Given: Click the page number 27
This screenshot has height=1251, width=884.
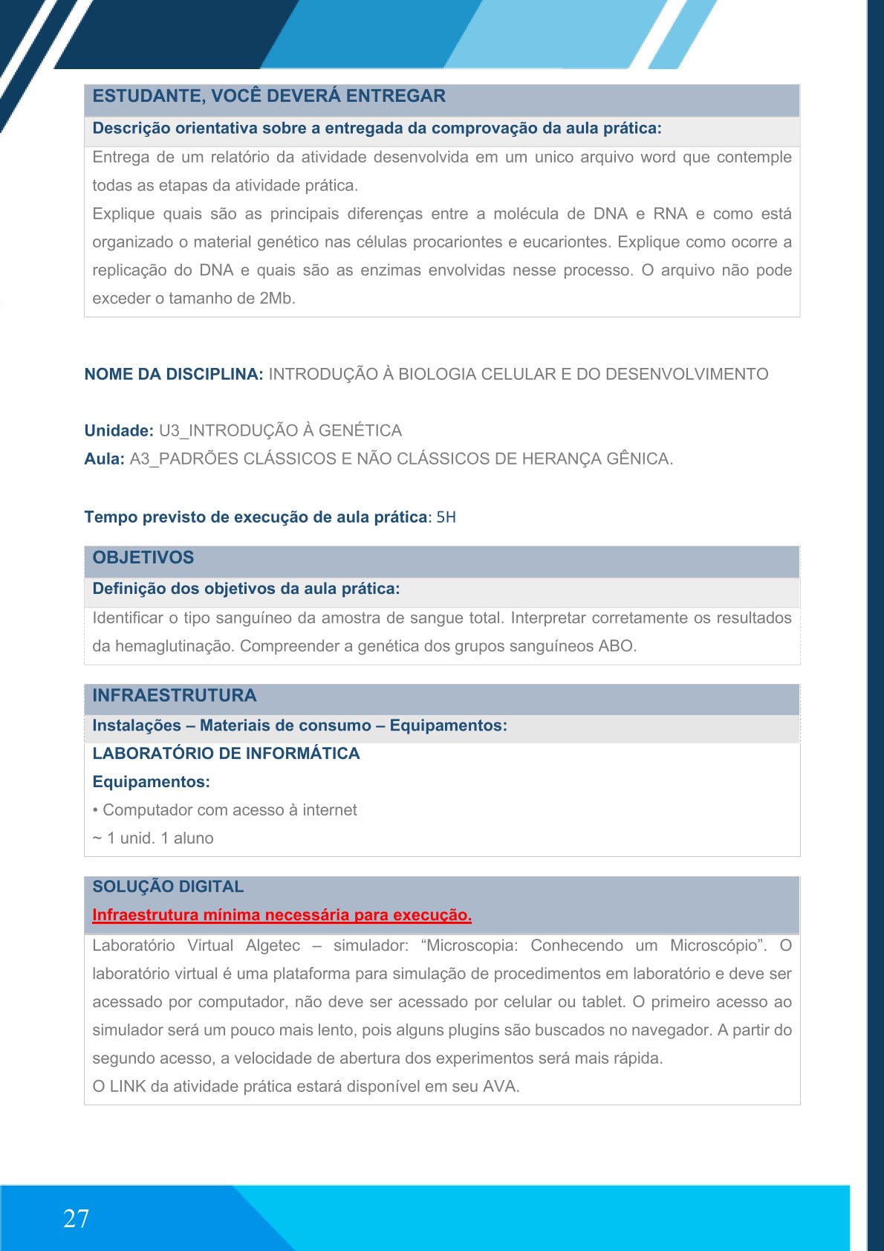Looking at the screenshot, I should click(x=76, y=1219).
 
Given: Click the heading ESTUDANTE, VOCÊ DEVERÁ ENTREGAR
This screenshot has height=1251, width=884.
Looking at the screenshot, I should click(x=269, y=96).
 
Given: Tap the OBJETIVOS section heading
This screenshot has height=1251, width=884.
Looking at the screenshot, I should click(x=143, y=557).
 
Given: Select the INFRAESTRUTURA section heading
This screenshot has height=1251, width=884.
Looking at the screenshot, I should click(x=174, y=695).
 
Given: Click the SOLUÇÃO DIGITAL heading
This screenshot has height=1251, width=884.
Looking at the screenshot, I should click(x=168, y=886).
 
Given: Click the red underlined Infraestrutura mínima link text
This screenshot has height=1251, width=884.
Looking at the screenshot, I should click(x=282, y=915).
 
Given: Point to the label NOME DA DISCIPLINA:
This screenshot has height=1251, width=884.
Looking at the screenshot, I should click(x=173, y=374).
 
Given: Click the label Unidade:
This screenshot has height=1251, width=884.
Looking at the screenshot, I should click(x=119, y=430).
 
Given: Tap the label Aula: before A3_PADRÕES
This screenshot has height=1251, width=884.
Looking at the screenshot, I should click(x=104, y=459).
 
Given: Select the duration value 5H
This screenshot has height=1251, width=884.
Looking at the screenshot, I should click(x=446, y=517).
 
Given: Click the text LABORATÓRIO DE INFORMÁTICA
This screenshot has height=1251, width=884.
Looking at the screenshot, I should click(x=226, y=753).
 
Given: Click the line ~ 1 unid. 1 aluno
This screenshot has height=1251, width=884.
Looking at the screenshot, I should click(x=153, y=838).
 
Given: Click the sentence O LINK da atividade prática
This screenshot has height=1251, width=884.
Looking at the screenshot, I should click(x=305, y=1086).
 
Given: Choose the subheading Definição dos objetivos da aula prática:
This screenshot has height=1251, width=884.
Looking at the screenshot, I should click(x=246, y=589).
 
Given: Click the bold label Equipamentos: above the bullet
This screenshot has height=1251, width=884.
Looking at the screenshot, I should click(x=151, y=781).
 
